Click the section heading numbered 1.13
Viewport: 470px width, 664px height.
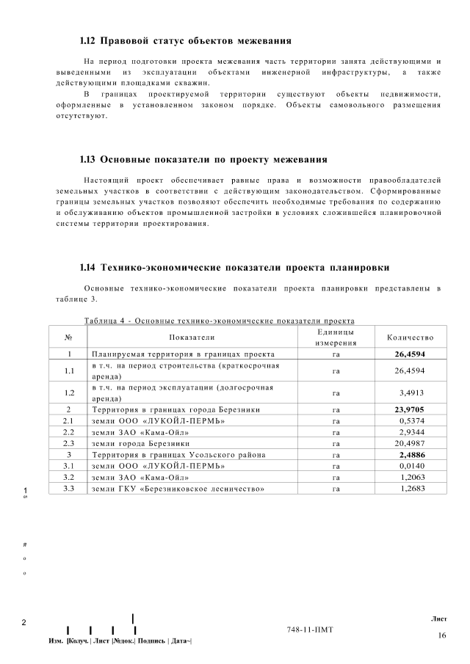(203, 159)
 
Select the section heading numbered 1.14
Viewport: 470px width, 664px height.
(234, 267)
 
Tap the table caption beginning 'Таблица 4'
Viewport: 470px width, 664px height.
(220, 321)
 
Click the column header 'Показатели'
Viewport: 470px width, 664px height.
(192, 338)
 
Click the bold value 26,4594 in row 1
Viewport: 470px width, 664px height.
(410, 353)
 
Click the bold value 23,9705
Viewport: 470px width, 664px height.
(410, 409)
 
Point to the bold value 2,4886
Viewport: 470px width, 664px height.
(412, 455)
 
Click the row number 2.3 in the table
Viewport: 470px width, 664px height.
(68, 443)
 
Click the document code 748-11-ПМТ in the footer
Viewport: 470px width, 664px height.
(311, 630)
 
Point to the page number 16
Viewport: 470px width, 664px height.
(441, 635)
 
